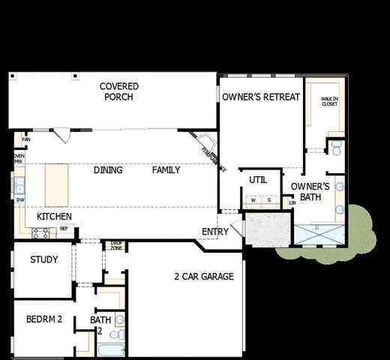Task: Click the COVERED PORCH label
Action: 119,91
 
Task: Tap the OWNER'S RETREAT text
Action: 261,97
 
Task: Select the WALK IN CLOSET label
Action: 329,100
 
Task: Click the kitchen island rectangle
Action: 58,184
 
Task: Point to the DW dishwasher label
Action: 19,201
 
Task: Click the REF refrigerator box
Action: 64,228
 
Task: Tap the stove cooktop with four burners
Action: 40,233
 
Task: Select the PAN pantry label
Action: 26,139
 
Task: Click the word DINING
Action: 108,170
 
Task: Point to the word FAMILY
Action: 166,170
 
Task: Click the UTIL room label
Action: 258,180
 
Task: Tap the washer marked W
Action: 253,201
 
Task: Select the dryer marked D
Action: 268,201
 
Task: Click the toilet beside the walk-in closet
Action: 336,145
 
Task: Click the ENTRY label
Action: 215,232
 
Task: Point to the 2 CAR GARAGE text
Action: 203,277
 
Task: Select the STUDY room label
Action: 44,259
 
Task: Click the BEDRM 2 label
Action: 43,319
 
